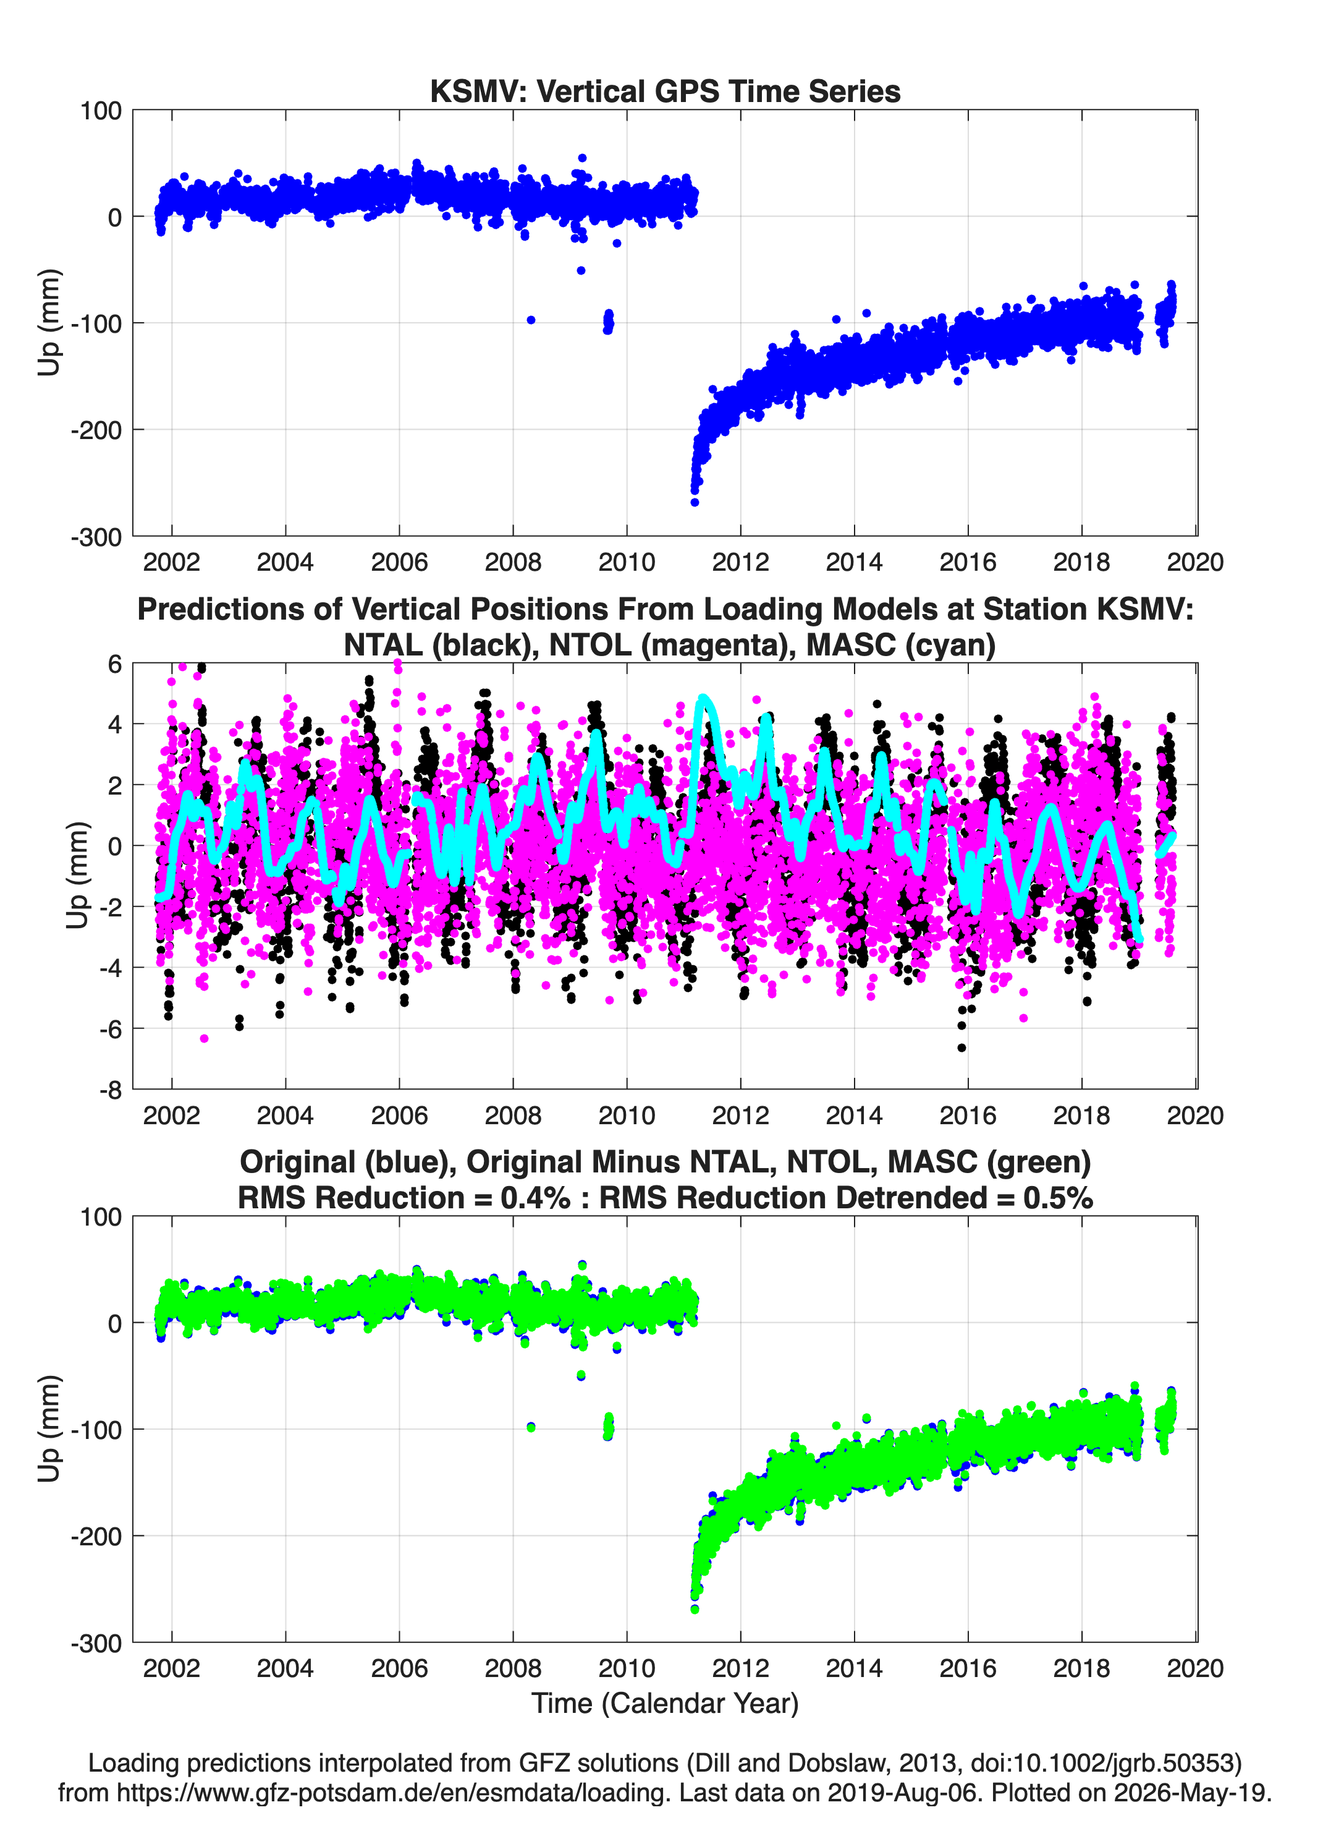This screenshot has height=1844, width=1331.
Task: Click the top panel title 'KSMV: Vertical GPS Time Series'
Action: tap(665, 91)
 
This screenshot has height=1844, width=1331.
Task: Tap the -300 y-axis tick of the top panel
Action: tap(96, 537)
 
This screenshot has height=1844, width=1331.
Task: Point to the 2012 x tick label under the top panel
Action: tap(740, 562)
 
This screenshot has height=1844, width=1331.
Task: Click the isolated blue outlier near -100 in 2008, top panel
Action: tap(531, 320)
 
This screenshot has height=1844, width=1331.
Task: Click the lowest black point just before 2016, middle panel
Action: tap(961, 1047)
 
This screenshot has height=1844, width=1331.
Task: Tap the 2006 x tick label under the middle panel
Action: tap(399, 1115)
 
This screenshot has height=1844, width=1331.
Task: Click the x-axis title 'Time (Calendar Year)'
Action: tap(665, 1702)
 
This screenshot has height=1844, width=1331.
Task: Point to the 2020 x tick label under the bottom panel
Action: tap(1195, 1668)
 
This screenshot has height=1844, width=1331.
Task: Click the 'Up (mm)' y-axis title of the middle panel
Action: tap(77, 876)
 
